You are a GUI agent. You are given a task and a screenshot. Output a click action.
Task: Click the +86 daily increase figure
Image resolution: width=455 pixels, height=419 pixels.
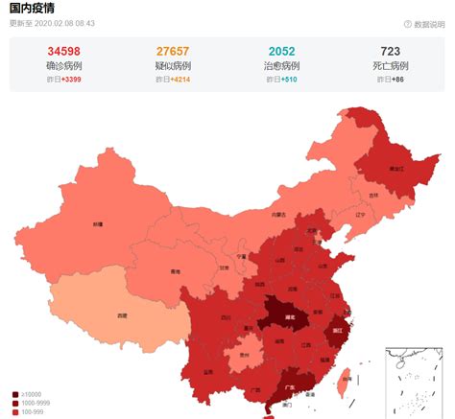(x=396, y=81)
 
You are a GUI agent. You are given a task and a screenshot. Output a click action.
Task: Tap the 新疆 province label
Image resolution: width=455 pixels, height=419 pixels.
(x=97, y=223)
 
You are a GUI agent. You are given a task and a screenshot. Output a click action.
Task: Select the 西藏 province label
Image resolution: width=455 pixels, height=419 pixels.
(x=122, y=314)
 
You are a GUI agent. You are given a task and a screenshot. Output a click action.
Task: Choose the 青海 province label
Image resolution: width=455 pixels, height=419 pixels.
(x=173, y=271)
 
